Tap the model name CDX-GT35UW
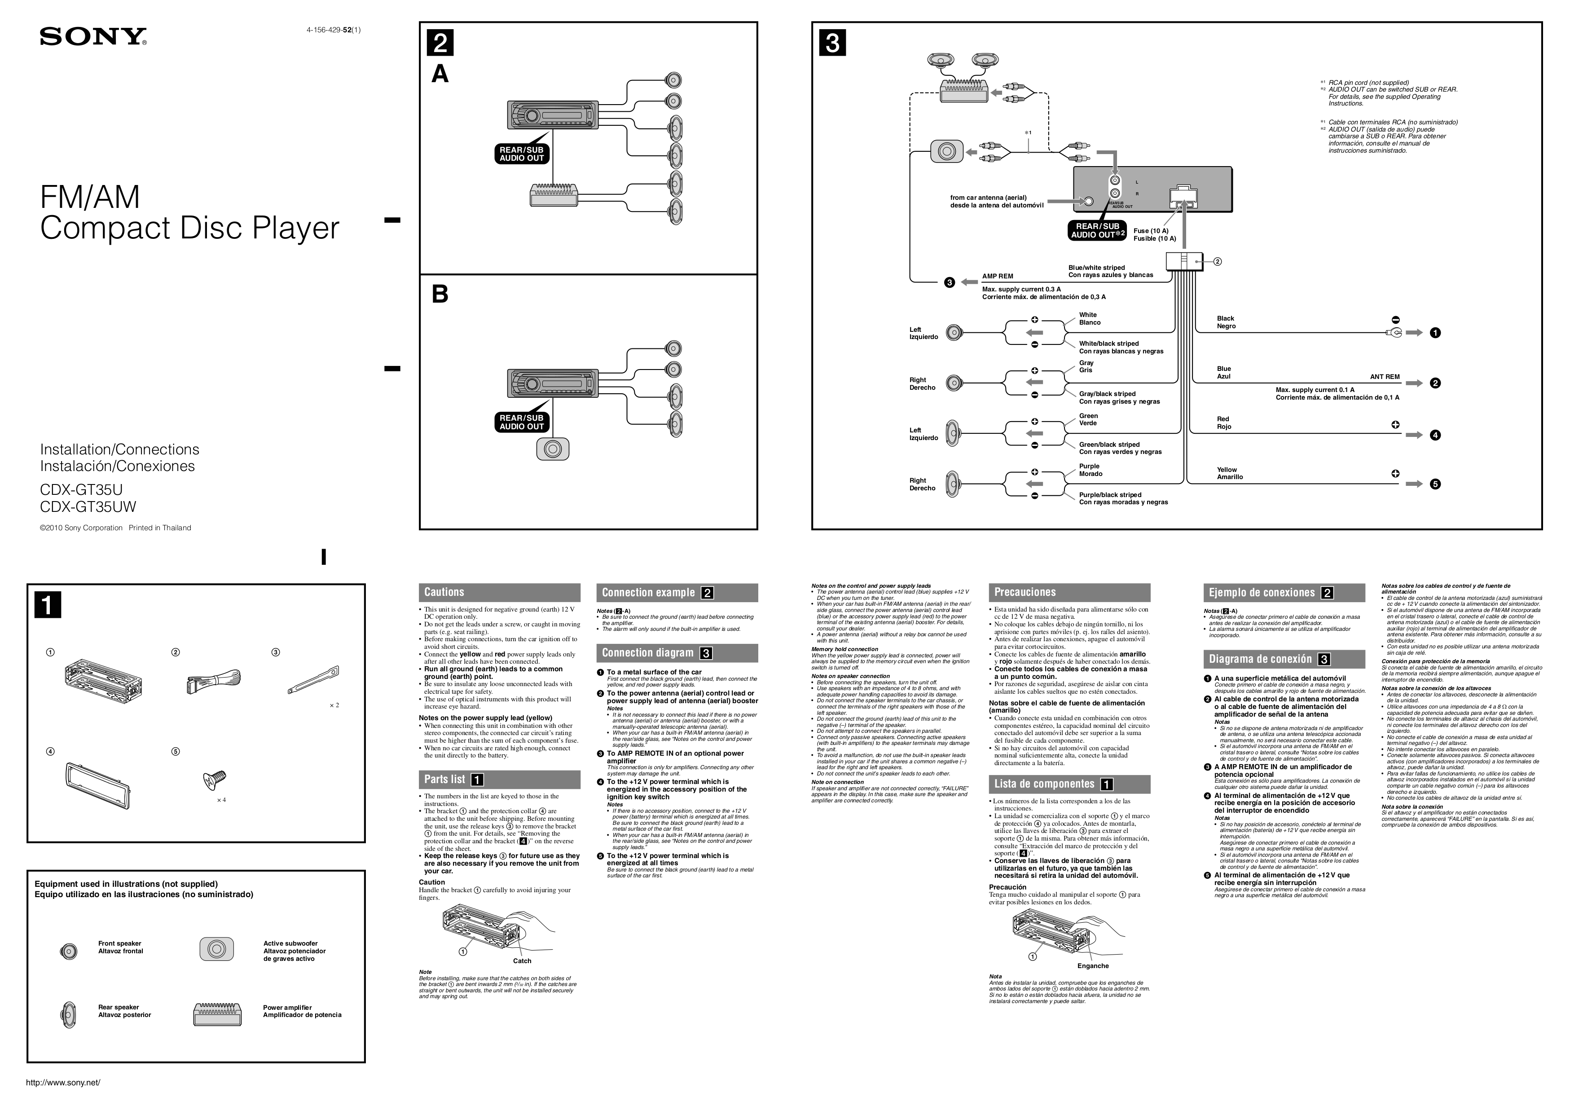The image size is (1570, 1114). tap(88, 507)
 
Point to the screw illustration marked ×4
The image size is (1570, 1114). tap(214, 781)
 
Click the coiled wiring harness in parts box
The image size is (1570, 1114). tap(213, 682)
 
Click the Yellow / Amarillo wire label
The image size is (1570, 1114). tap(1230, 473)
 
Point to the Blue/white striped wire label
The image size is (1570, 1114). tap(1096, 268)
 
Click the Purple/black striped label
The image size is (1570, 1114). tap(1110, 494)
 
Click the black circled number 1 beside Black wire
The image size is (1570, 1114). tap(1435, 333)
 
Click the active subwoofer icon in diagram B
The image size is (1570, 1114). tap(553, 449)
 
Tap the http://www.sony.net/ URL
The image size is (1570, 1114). tap(63, 1083)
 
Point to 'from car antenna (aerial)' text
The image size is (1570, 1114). tap(988, 198)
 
